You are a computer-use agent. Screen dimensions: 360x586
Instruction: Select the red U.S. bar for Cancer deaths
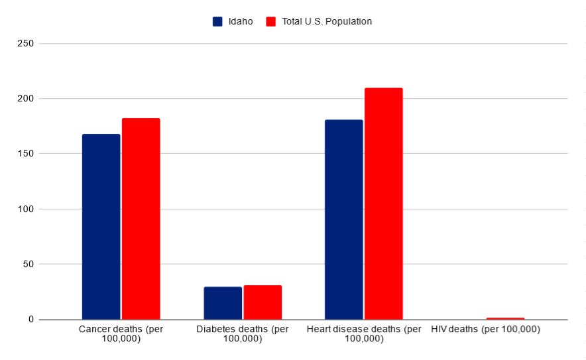pyautogui.click(x=141, y=219)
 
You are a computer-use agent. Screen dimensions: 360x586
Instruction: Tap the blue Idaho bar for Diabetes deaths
pyautogui.click(x=223, y=303)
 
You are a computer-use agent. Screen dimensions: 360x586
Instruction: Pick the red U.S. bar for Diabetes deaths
pyautogui.click(x=263, y=302)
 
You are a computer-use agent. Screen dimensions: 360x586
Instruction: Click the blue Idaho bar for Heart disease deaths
pyautogui.click(x=343, y=219)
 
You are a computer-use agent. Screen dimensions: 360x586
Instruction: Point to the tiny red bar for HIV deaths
pyautogui.click(x=505, y=318)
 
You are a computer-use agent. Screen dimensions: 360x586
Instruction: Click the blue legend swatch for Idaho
pyautogui.click(x=217, y=21)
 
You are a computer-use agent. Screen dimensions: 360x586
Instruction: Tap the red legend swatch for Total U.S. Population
pyautogui.click(x=270, y=21)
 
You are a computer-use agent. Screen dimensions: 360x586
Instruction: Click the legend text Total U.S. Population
pyautogui.click(x=326, y=21)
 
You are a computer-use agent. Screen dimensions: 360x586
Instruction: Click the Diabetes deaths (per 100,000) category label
pyautogui.click(x=243, y=334)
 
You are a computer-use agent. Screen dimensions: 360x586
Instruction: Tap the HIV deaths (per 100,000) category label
pyautogui.click(x=485, y=330)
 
